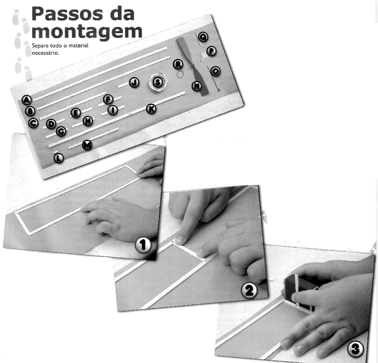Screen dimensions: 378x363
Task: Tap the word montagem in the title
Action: [x=87, y=32]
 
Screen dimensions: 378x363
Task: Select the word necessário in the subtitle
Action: [x=46, y=53]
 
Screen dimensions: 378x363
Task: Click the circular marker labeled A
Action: [x=27, y=100]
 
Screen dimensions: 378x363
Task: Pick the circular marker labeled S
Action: [x=158, y=82]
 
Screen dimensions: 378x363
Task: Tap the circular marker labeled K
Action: [x=151, y=109]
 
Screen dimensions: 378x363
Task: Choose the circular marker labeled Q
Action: [x=203, y=37]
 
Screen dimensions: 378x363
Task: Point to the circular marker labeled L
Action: [x=58, y=158]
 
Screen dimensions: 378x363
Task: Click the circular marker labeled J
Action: [x=134, y=83]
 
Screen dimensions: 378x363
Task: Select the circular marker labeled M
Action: [x=87, y=145]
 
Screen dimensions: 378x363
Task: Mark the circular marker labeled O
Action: [x=215, y=71]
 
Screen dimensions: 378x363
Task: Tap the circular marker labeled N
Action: [x=197, y=86]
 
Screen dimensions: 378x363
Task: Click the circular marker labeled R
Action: [x=178, y=64]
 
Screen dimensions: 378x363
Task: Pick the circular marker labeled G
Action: [x=61, y=132]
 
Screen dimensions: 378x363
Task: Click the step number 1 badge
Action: [x=143, y=245]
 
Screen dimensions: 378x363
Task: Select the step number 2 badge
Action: [x=249, y=290]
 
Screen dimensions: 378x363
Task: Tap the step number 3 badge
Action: [x=356, y=349]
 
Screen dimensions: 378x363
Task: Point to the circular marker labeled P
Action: [x=211, y=51]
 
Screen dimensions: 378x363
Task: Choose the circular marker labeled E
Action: [x=76, y=113]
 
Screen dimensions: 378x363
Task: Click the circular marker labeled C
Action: [x=33, y=123]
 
